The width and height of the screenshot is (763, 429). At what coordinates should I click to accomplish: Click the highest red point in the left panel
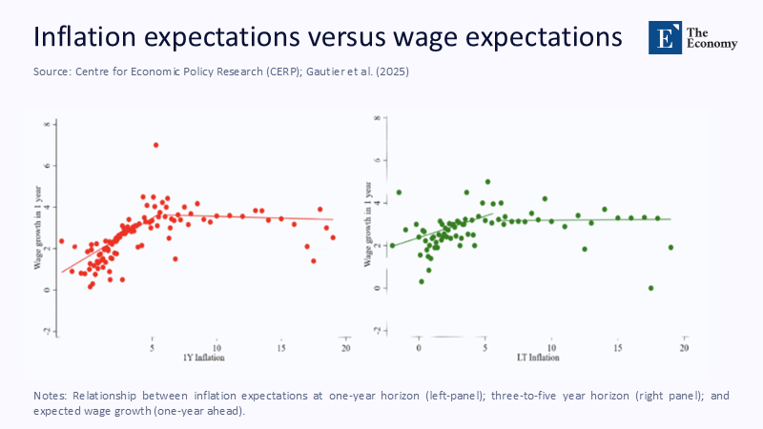[x=155, y=145]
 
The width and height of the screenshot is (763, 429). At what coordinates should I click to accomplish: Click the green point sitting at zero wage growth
[x=650, y=288]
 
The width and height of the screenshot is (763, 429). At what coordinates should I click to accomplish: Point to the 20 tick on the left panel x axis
[x=345, y=348]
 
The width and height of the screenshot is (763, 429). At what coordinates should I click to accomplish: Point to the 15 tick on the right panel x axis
[x=618, y=349]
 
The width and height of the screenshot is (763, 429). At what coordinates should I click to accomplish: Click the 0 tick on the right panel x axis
[x=419, y=349]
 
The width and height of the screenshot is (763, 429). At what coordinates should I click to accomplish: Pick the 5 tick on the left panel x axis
[x=152, y=348]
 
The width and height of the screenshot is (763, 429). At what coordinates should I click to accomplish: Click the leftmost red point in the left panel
[x=61, y=241]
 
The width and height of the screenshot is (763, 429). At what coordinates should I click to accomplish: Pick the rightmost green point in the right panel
[x=671, y=247]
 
